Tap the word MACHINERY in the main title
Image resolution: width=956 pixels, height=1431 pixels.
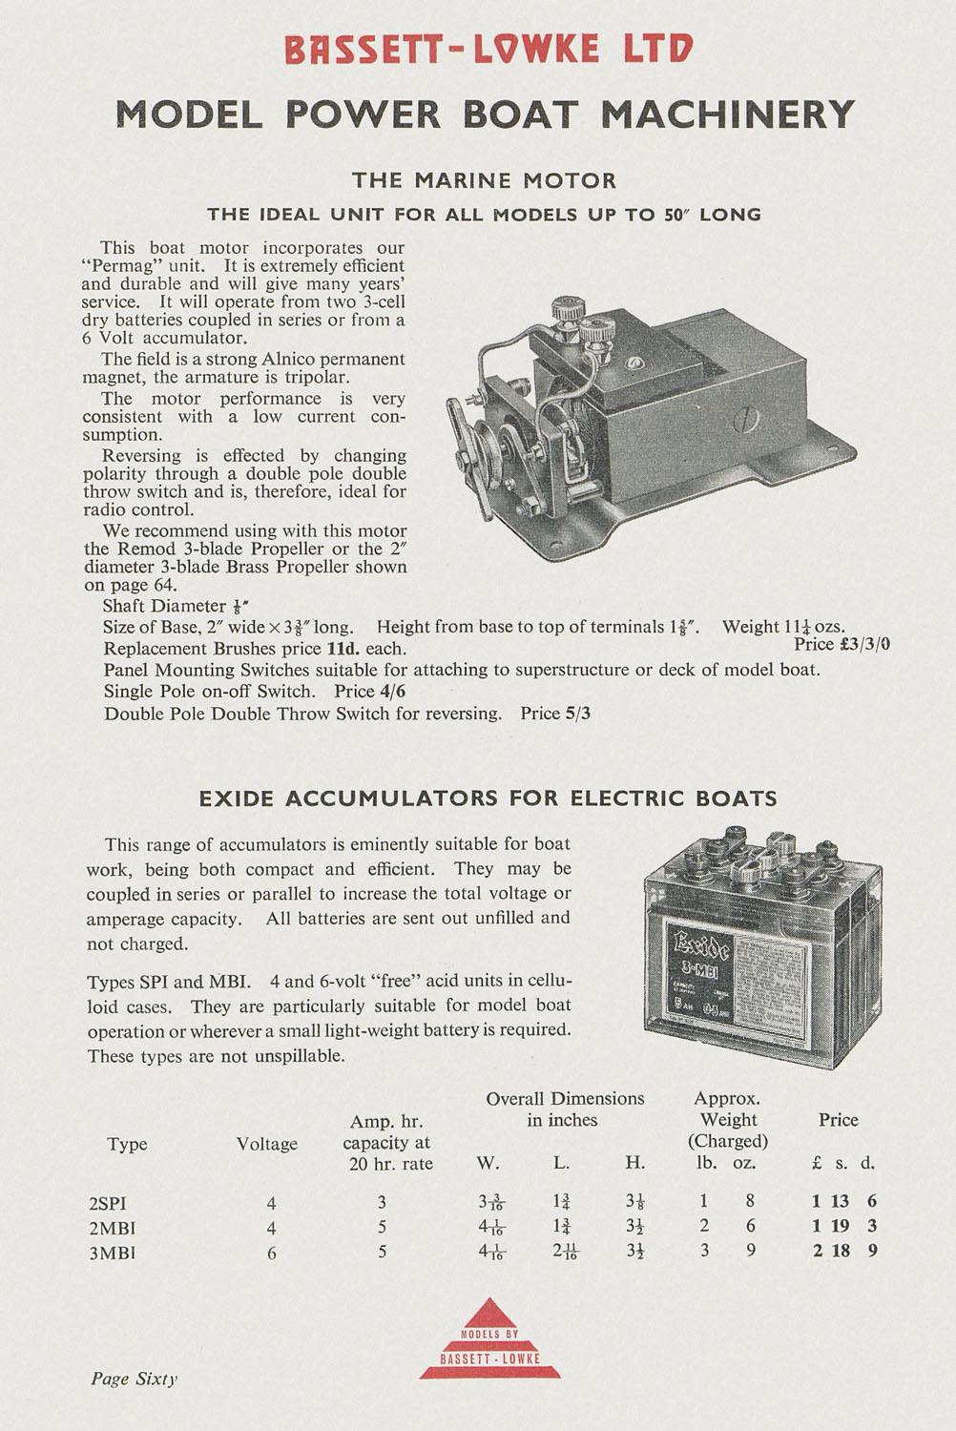coord(727,114)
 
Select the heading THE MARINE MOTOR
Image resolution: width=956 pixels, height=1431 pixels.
coord(484,180)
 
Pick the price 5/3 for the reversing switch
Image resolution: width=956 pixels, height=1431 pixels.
coord(577,714)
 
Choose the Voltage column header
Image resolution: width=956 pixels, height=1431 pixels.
coord(267,1144)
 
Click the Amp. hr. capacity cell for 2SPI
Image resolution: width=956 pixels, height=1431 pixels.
coord(383,1203)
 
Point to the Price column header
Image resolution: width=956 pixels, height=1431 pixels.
coord(838,1120)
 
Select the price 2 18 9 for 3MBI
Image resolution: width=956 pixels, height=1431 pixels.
coord(844,1251)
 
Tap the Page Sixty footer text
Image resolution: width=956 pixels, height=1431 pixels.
coord(135,1379)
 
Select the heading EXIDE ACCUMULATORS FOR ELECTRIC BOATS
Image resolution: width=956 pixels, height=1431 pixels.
coord(488,798)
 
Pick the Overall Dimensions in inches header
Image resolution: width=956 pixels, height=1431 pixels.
coord(564,1110)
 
